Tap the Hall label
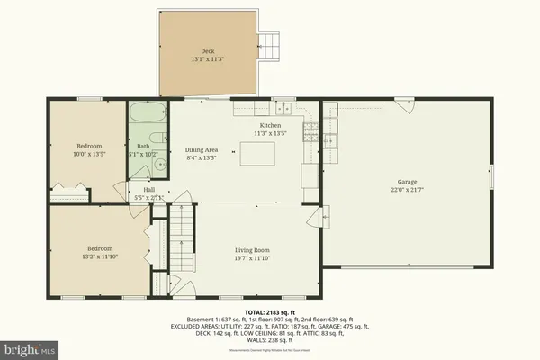coord(148,189)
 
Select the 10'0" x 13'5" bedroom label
coord(88,149)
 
